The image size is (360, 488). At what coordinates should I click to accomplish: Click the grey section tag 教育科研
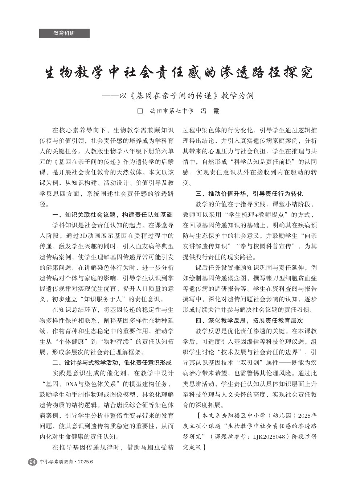point(64,33)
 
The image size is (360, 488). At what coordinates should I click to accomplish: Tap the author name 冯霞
point(210,111)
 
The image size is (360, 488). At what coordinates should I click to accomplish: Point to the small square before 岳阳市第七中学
point(140,111)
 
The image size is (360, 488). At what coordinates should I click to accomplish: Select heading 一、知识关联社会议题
point(112,215)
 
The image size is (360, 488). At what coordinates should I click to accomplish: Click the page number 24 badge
point(32,462)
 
